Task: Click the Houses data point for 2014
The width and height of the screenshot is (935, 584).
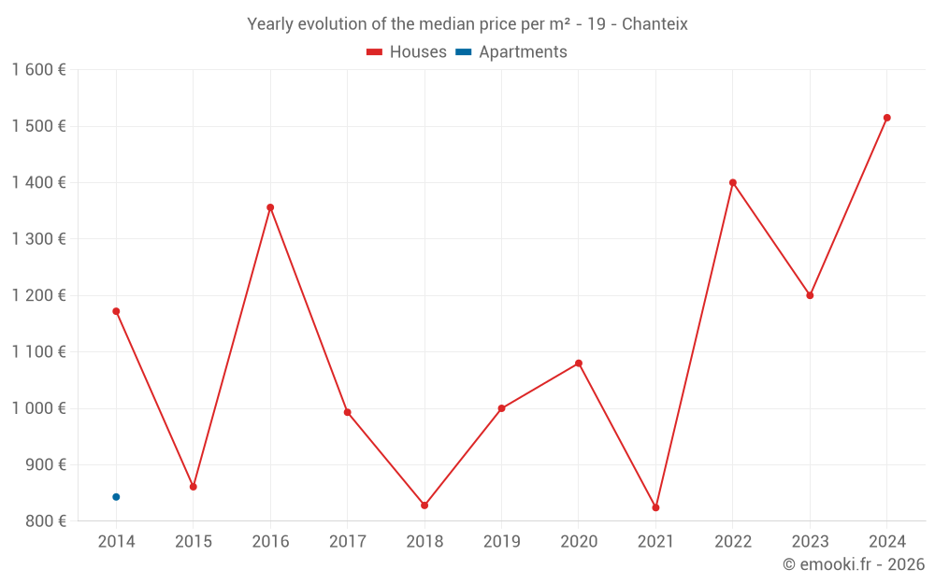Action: tap(116, 311)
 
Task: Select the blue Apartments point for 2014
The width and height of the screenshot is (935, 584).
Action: tap(116, 497)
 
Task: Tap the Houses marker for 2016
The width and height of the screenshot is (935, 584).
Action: tap(270, 207)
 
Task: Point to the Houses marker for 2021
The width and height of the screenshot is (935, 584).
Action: tap(655, 507)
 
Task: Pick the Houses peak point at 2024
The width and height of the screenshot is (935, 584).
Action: tap(886, 118)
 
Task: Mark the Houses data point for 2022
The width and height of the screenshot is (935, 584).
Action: tap(733, 182)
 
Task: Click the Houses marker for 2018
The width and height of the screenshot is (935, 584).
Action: tap(424, 506)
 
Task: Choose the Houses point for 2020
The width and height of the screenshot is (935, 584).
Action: tap(579, 363)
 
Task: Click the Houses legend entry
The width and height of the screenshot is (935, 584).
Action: tap(407, 52)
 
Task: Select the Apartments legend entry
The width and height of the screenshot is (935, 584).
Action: tap(511, 52)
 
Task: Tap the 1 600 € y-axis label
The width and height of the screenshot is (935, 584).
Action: tap(38, 70)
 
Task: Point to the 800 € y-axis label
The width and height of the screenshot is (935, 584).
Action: tap(44, 521)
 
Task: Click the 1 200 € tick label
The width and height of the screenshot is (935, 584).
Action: tap(38, 295)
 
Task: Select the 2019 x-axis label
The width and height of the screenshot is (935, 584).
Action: tap(501, 542)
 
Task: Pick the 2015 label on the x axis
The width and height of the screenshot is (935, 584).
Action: tap(194, 542)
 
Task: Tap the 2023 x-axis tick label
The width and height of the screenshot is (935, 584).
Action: tap(810, 542)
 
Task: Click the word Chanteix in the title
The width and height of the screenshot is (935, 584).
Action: tap(656, 24)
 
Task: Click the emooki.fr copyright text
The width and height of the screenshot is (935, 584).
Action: tap(853, 564)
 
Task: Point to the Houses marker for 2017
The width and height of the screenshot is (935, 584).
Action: tap(347, 412)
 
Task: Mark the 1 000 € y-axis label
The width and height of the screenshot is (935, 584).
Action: tap(38, 408)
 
